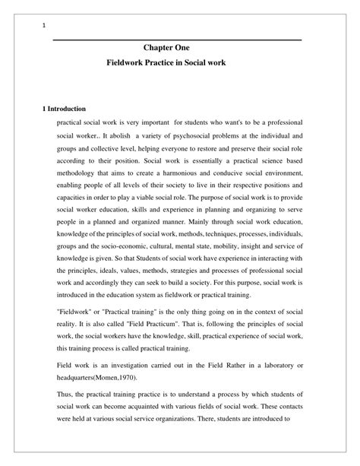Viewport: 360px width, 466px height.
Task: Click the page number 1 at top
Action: pyautogui.click(x=44, y=26)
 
